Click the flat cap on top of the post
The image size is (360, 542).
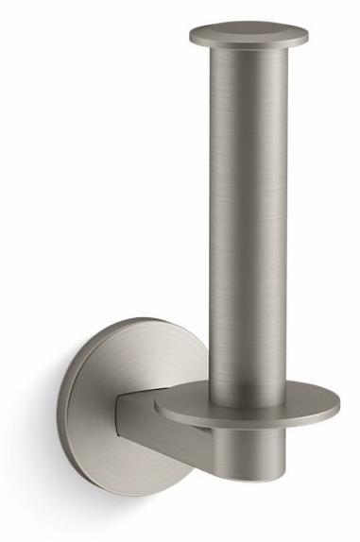248,36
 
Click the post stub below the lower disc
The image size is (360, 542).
248,444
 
